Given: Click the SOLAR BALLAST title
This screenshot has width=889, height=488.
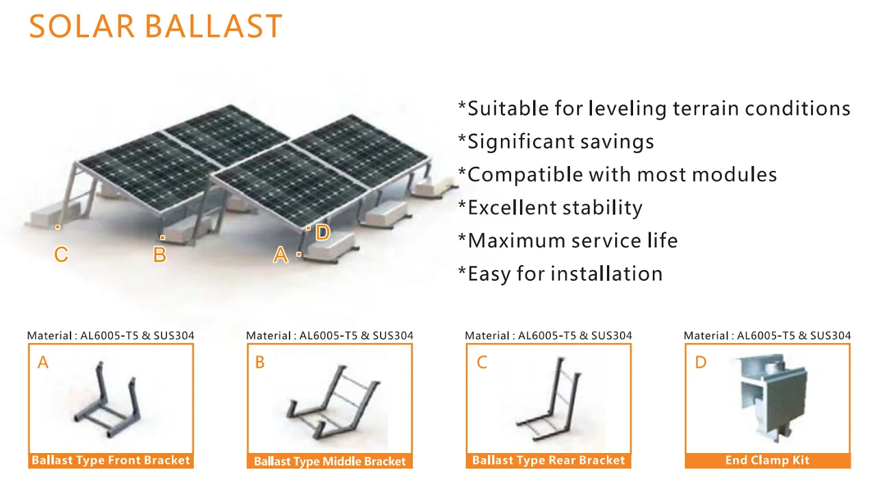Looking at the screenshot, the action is (155, 27).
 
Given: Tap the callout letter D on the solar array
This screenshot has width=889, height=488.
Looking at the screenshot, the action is (322, 232).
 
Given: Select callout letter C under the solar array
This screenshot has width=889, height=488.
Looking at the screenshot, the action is (61, 254).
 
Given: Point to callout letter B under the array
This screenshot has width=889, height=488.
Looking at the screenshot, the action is (159, 254).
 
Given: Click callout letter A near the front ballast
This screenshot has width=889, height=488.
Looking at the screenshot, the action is (281, 255).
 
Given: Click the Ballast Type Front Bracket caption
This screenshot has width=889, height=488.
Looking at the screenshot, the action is (111, 460).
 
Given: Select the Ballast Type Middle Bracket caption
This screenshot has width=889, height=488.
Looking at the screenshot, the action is (330, 461).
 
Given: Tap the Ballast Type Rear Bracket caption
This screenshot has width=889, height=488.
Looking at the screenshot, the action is (548, 460).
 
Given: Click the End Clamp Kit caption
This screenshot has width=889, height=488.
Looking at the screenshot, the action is (767, 460).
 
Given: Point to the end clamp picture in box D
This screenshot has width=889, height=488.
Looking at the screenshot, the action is (768, 398).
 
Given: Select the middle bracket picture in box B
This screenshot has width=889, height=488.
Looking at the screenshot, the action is (333, 402).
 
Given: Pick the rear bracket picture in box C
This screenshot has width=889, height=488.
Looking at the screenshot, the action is (550, 398).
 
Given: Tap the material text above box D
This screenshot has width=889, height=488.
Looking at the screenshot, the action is (767, 336).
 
